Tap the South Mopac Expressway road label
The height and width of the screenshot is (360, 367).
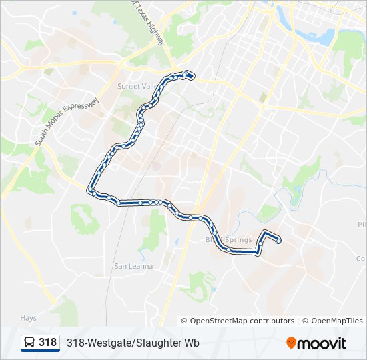point(67,122)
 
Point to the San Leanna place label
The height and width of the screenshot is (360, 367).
point(133,266)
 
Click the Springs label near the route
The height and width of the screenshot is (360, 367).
point(238,240)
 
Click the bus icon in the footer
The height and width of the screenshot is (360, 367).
point(29,343)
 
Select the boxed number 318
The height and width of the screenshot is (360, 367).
point(47,343)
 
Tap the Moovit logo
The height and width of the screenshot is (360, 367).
point(316,343)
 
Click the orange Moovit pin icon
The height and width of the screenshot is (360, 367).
point(292,343)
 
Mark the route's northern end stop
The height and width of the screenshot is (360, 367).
point(191,75)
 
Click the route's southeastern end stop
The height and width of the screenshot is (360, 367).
point(278,241)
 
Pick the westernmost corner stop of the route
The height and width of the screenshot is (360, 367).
point(89,191)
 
